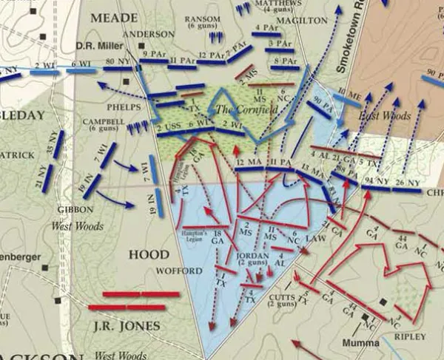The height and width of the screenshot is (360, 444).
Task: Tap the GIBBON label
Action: click(x=75, y=209)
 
